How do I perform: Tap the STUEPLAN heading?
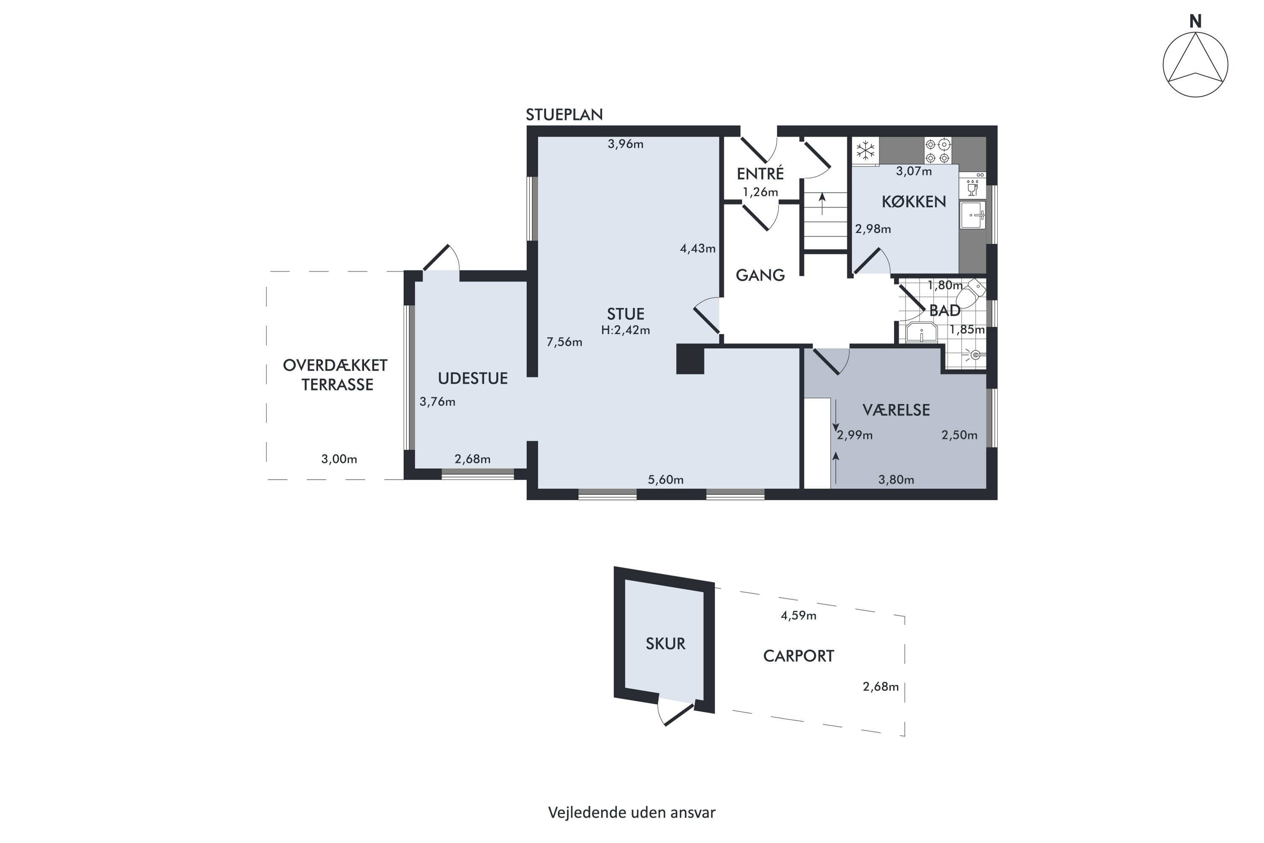(564, 115)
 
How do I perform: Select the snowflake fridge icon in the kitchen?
(865, 150)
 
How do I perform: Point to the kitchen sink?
(973, 215)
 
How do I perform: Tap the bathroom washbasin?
(922, 332)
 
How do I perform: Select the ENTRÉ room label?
(760, 174)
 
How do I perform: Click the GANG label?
(760, 275)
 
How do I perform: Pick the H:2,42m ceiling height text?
(626, 330)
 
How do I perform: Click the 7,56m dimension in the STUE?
(564, 342)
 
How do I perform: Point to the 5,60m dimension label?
(665, 480)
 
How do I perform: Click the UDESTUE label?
(472, 379)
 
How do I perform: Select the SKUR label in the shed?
(665, 644)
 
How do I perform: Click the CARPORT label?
(798, 656)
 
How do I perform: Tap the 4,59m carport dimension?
(798, 615)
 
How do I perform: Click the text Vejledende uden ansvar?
(632, 812)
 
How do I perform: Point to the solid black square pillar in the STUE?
(690, 359)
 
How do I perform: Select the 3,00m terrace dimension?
(339, 459)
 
